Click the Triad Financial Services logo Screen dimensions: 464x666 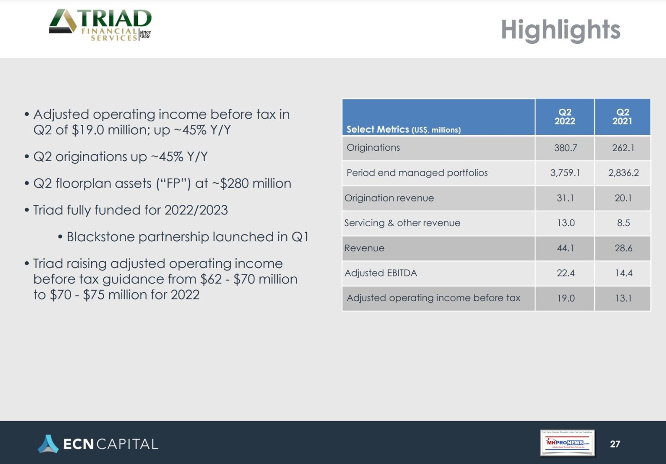click(x=100, y=25)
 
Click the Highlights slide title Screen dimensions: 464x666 click(x=560, y=30)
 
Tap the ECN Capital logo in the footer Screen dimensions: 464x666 click(x=98, y=444)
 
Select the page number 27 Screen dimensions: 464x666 click(x=615, y=444)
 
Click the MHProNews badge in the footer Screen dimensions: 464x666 click(x=567, y=443)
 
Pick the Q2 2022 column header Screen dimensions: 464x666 click(x=565, y=117)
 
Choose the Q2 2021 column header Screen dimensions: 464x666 click(x=622, y=117)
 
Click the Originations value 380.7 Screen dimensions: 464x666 click(x=565, y=148)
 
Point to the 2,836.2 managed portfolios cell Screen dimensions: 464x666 click(x=623, y=173)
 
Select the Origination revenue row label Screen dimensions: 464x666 click(x=389, y=198)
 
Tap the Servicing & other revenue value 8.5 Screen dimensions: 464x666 click(x=623, y=223)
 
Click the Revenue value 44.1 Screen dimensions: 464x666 click(x=565, y=248)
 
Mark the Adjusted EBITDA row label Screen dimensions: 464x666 click(x=381, y=273)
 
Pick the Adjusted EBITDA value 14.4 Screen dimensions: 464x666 click(x=623, y=273)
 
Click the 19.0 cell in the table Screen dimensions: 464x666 click(x=565, y=299)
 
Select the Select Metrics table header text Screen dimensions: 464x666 click(x=403, y=130)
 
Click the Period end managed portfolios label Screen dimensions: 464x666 click(x=417, y=173)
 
